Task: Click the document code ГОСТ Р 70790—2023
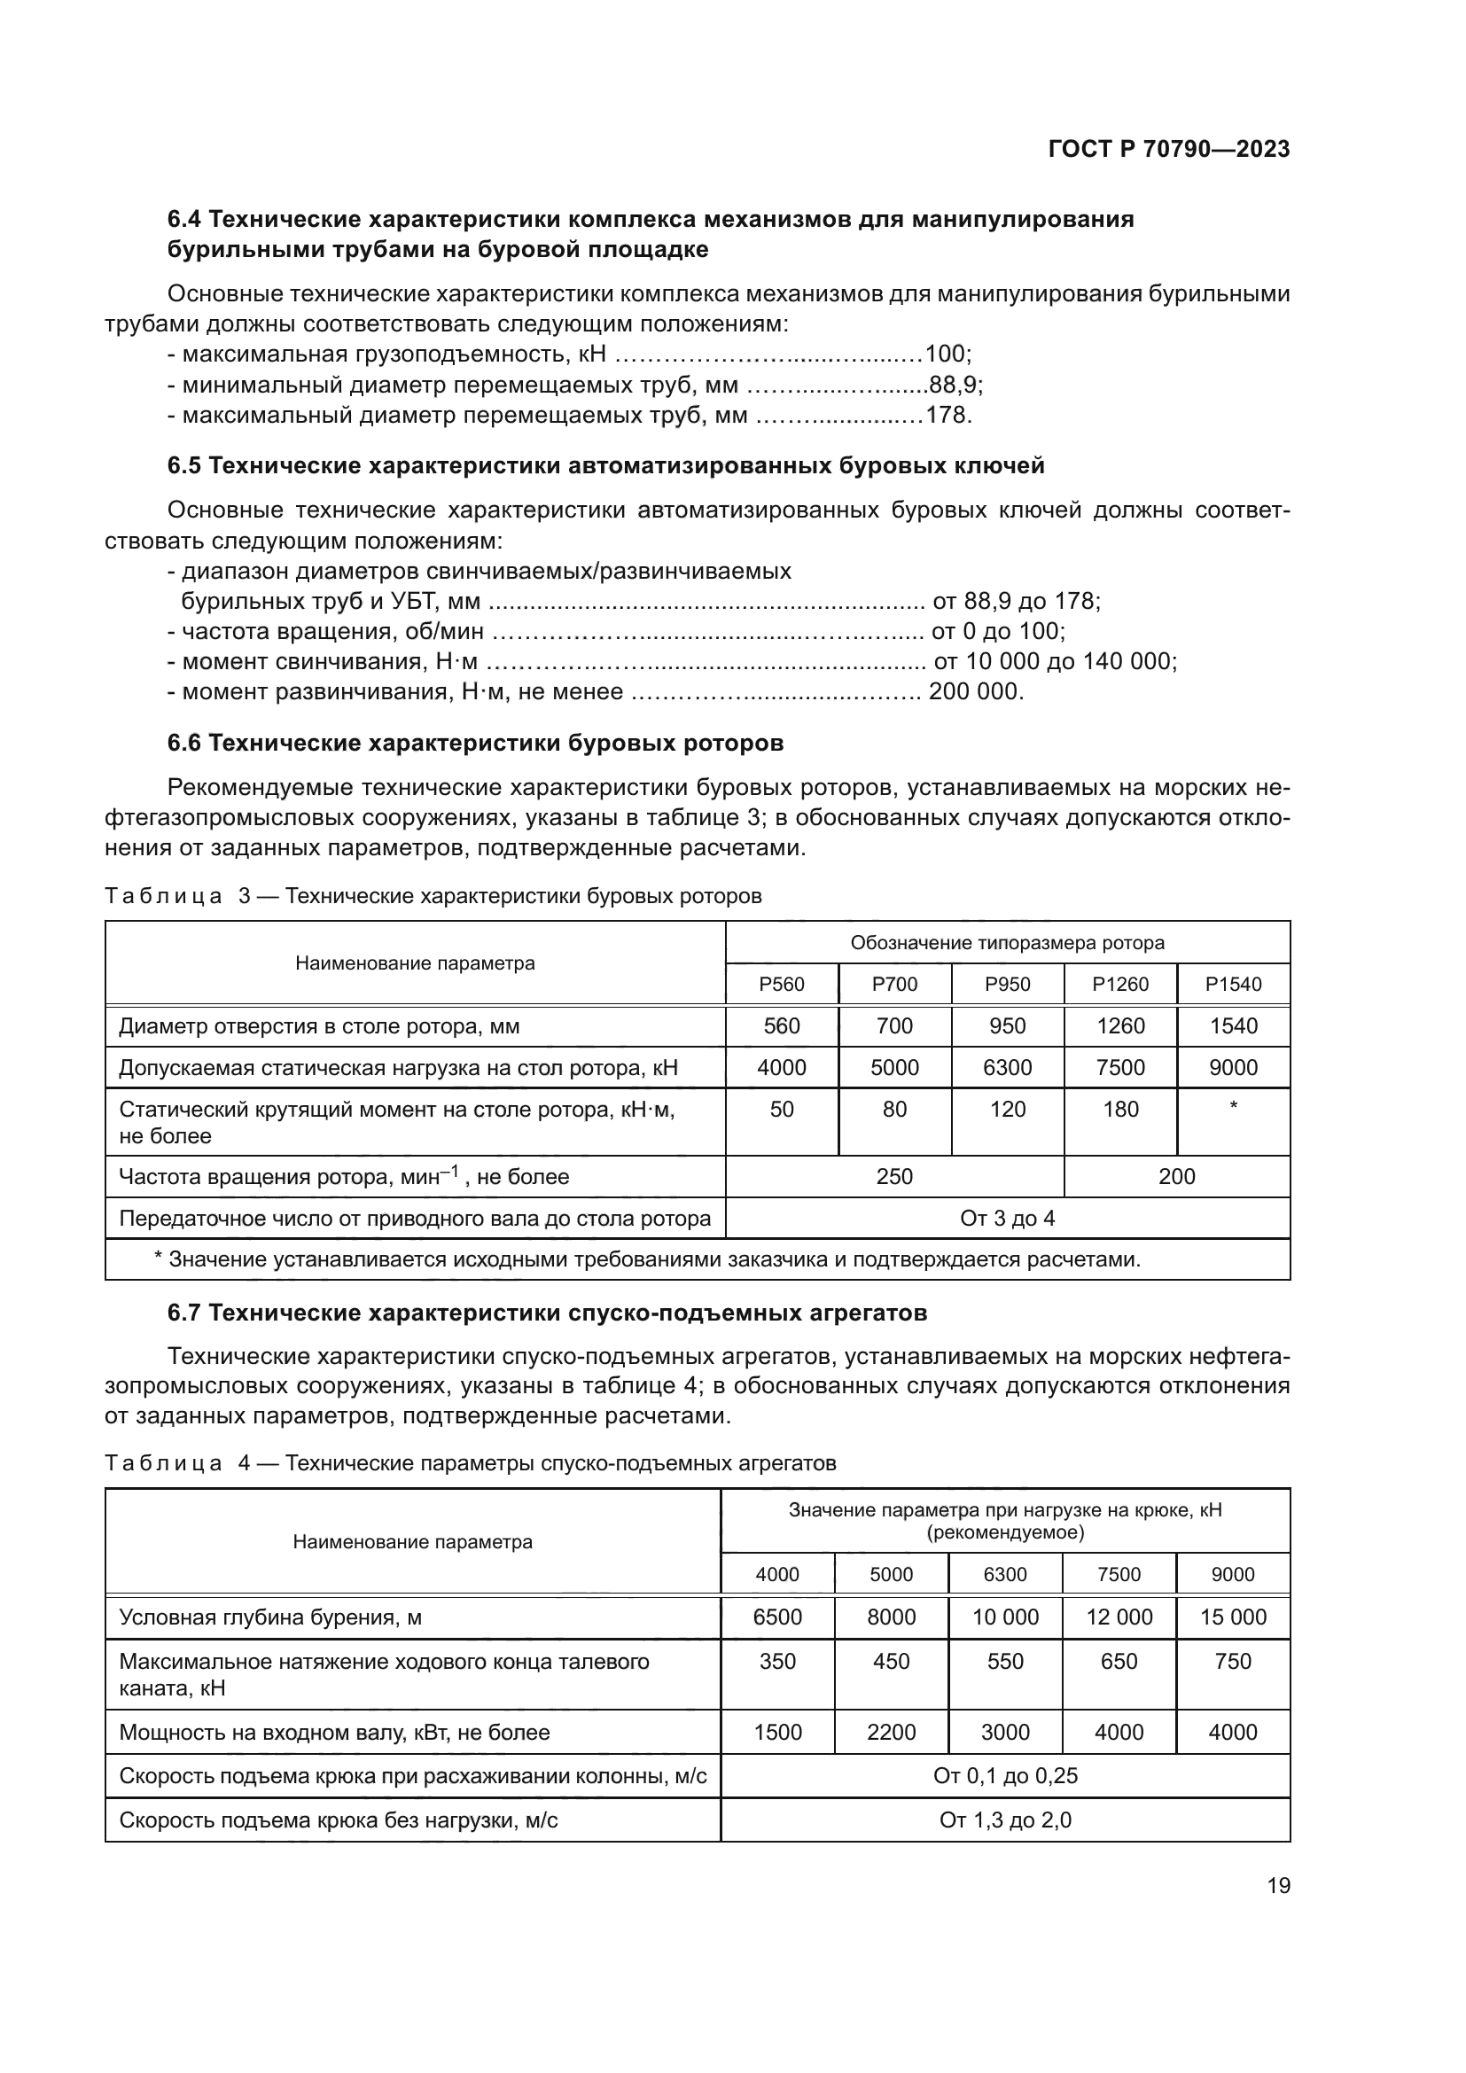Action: click(1168, 150)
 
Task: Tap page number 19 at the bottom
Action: click(1278, 1885)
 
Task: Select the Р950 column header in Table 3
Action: click(1007, 984)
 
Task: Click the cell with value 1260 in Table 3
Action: click(1119, 1025)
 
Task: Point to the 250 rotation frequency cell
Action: click(893, 1176)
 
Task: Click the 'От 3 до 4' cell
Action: click(1007, 1218)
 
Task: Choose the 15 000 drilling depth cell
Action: click(1232, 1617)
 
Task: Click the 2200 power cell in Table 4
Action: click(891, 1732)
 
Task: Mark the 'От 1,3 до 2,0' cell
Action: click(1005, 1820)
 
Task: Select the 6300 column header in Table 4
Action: click(1005, 1575)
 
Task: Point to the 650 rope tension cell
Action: click(1119, 1661)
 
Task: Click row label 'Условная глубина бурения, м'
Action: click(270, 1617)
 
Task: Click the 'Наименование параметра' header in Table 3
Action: click(414, 963)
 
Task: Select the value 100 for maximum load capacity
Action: click(944, 354)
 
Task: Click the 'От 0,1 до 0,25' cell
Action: click(1005, 1776)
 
